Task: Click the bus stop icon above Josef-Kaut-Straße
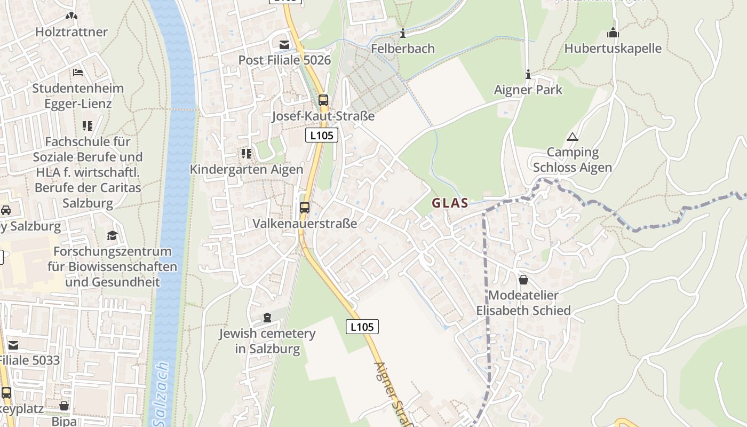pos(323,100)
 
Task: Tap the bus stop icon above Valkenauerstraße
pos(305,207)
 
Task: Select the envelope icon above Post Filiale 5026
pos(284,44)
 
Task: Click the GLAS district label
pos(450,203)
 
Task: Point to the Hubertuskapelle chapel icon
pos(613,33)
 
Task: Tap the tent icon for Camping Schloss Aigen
pos(573,137)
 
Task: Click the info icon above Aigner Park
pos(528,74)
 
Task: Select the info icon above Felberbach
pos(403,33)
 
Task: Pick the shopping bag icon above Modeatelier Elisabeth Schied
pos(523,280)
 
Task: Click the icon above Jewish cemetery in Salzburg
pos(267,318)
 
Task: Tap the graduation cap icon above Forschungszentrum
pos(112,235)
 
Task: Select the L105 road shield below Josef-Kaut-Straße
pos(322,136)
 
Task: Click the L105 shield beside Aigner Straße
pos(362,327)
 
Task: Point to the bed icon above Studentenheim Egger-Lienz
pos(78,73)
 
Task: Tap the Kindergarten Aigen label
pos(247,170)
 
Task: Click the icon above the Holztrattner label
pos(71,17)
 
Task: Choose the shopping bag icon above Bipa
pos(64,406)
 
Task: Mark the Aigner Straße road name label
pos(394,392)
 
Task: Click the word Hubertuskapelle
pos(613,49)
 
